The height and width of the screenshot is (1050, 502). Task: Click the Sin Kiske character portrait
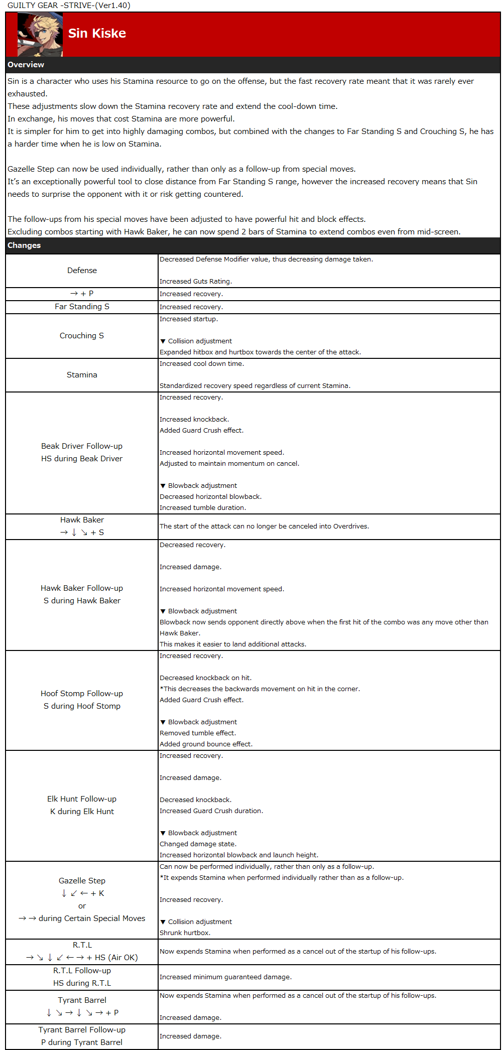(x=40, y=35)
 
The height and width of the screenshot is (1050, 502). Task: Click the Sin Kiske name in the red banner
(x=97, y=33)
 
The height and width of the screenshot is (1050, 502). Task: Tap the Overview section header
(x=26, y=65)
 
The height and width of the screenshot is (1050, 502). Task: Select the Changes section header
(x=24, y=245)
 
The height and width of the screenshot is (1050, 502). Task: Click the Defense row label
(x=82, y=271)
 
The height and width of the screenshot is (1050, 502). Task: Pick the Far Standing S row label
(x=82, y=307)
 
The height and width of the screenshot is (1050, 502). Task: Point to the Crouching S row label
(x=82, y=336)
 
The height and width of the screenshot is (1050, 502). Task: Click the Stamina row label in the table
(x=82, y=375)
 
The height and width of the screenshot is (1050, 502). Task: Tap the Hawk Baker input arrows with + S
(x=82, y=533)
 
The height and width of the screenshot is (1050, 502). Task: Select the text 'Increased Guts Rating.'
(x=196, y=282)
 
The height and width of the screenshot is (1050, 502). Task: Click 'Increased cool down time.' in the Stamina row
(x=202, y=364)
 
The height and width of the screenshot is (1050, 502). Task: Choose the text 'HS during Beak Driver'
(x=82, y=459)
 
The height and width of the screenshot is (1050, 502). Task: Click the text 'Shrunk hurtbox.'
(x=185, y=933)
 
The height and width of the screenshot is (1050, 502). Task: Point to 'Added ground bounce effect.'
(x=206, y=744)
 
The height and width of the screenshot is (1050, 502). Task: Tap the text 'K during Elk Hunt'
(x=82, y=812)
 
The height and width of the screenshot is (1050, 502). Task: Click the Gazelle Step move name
(x=82, y=881)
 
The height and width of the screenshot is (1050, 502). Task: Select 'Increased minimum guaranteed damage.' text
(x=225, y=977)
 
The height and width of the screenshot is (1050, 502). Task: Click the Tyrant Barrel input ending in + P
(x=82, y=1013)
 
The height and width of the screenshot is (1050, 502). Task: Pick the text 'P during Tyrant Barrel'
(x=82, y=1042)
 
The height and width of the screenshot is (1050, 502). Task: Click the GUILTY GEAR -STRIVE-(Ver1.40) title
(x=69, y=6)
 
